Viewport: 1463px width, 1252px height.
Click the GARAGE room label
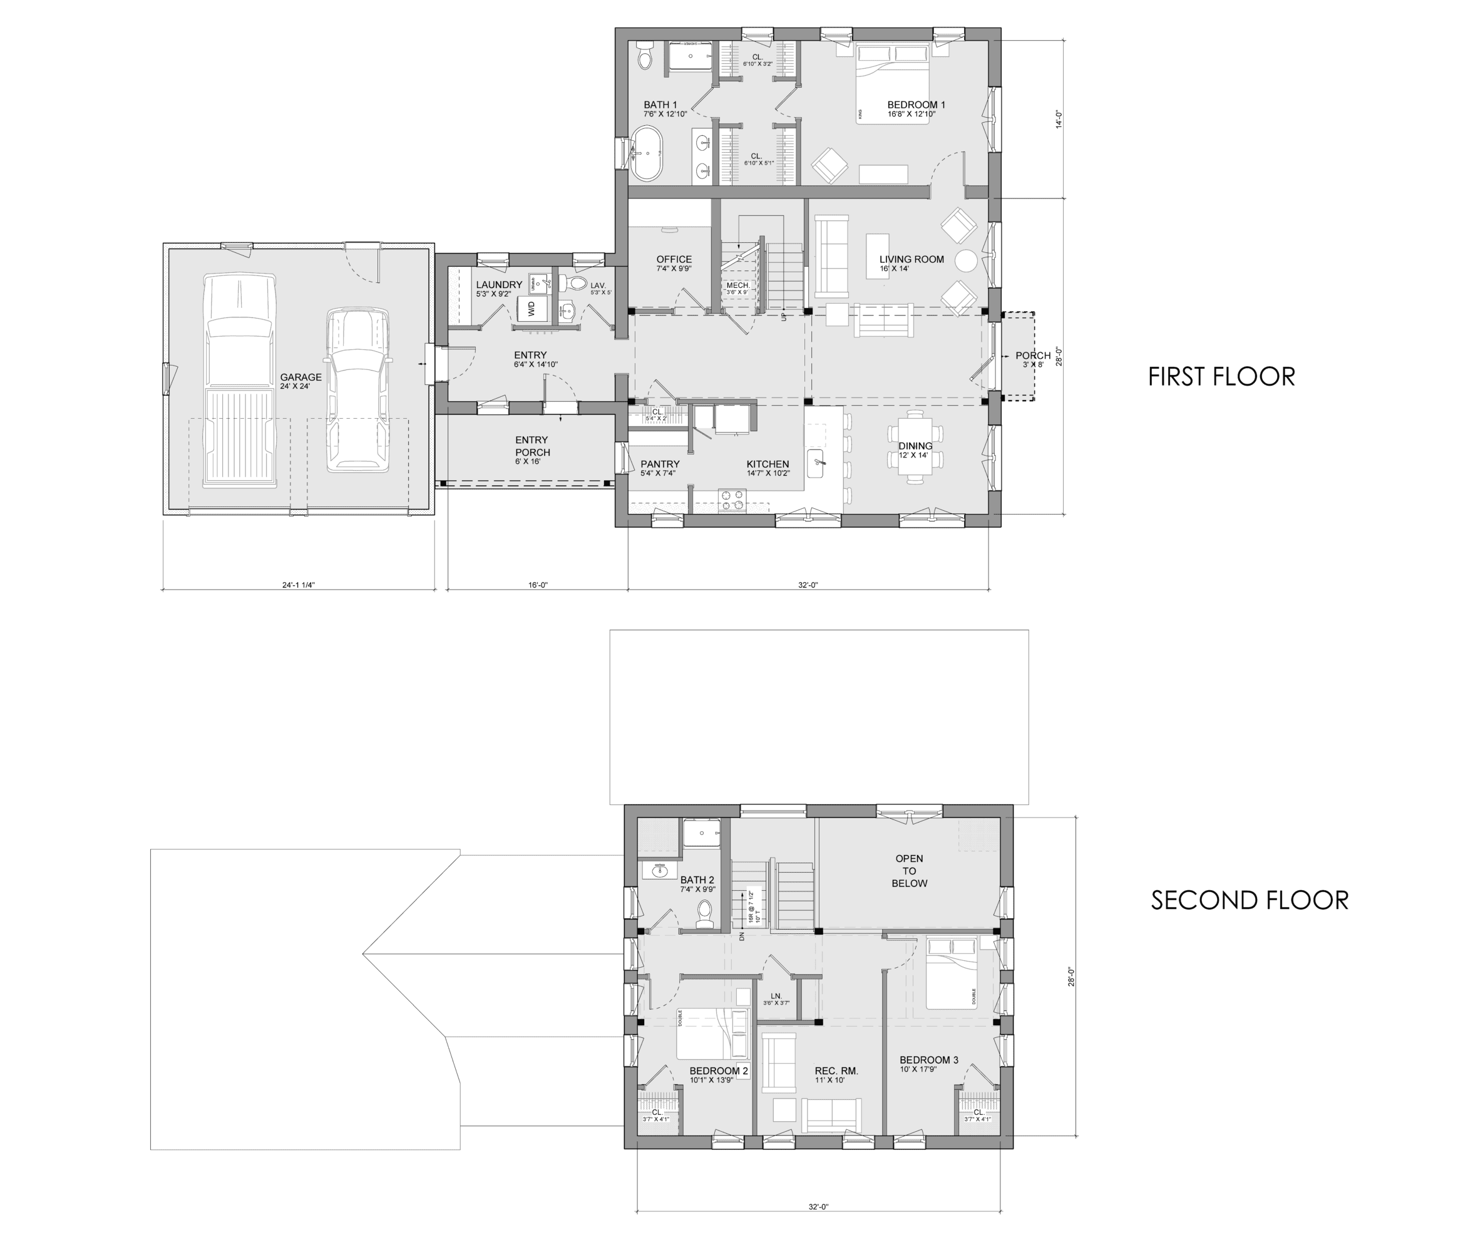[300, 377]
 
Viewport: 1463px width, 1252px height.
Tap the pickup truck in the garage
[239, 381]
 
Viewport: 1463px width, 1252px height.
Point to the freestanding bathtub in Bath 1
[646, 153]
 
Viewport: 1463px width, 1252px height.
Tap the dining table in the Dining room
[915, 446]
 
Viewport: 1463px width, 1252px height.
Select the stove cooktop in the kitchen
[732, 500]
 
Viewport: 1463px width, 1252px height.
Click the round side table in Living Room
[966, 261]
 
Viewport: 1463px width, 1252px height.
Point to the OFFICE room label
[674, 259]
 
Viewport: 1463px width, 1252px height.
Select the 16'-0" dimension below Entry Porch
[538, 585]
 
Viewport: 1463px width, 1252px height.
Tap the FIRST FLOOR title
[1221, 376]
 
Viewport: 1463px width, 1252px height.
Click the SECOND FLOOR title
[1249, 900]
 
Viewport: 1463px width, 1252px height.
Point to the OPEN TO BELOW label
[909, 871]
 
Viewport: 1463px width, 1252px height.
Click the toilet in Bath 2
[704, 915]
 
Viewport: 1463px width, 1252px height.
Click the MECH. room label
[737, 285]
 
